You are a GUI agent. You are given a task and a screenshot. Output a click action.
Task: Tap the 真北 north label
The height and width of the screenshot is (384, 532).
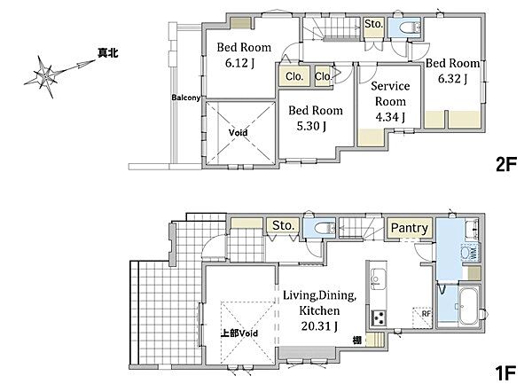(x=108, y=53)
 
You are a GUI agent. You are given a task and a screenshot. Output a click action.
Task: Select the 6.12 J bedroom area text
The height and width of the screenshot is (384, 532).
(x=240, y=63)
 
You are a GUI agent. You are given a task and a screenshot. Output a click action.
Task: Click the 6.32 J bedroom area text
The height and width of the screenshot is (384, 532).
(x=452, y=79)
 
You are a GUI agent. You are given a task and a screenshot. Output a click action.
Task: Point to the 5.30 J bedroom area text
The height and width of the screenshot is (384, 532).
(x=311, y=126)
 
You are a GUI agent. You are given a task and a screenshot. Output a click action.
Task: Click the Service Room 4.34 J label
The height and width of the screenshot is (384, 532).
(x=390, y=101)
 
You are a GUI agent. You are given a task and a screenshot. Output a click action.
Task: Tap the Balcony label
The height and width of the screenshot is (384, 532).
(x=185, y=98)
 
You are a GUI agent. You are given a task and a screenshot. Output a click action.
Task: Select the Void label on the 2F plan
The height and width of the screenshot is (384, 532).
(x=238, y=133)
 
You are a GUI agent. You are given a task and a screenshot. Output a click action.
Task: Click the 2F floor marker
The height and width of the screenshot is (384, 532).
(x=506, y=165)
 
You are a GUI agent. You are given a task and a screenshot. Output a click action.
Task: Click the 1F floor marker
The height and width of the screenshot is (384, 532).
(x=506, y=372)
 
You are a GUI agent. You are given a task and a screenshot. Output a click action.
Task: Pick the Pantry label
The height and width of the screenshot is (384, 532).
(x=409, y=228)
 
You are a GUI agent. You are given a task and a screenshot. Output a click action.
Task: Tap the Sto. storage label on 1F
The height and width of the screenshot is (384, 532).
(x=283, y=225)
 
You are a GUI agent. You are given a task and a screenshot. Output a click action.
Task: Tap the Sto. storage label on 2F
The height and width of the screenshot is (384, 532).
(x=373, y=24)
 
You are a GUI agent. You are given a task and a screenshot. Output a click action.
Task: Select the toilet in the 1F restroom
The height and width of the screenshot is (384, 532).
(x=325, y=228)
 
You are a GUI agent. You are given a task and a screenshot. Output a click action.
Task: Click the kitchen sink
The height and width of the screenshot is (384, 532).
(x=378, y=278)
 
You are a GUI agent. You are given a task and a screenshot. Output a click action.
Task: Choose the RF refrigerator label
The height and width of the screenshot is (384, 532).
(x=426, y=314)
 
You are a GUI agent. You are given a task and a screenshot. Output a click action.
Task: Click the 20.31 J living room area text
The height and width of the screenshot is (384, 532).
(x=319, y=326)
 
